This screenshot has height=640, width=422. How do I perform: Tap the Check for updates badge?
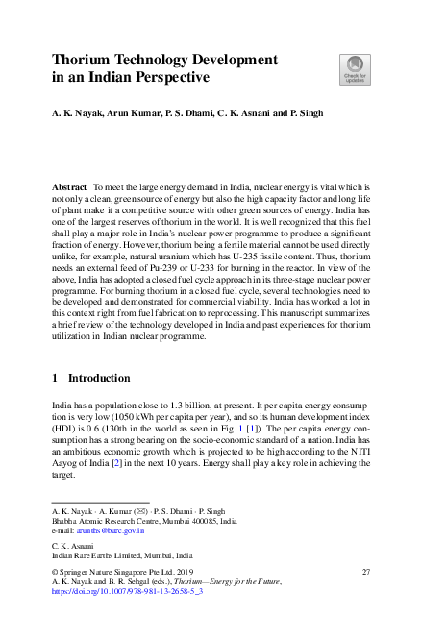coord(354,68)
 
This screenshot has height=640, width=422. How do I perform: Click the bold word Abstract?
coord(72,185)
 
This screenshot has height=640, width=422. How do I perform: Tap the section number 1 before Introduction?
coord(55,378)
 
